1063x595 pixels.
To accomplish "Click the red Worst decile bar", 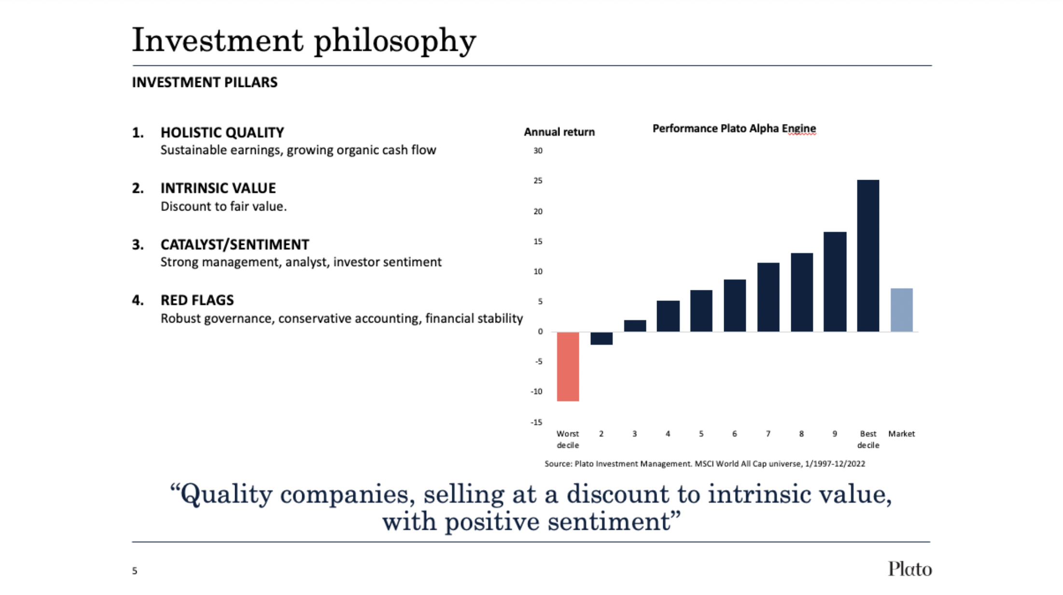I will (x=568, y=366).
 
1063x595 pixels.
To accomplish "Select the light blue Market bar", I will (x=901, y=310).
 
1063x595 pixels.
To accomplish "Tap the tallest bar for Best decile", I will (x=868, y=255).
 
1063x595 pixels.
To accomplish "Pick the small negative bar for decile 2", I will (x=601, y=338).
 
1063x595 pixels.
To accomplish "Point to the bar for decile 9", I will (x=835, y=282).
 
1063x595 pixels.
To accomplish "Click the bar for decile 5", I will (x=701, y=311).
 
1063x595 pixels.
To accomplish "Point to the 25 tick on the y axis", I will (x=538, y=181).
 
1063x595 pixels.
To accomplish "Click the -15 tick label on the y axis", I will (x=536, y=422).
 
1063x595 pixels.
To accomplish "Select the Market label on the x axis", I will (x=901, y=434).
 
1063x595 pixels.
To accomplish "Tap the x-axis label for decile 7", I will (x=768, y=434).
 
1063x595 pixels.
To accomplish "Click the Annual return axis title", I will (x=559, y=132).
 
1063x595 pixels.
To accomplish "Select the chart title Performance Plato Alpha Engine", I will (x=734, y=128).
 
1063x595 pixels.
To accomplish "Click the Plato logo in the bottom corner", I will (x=909, y=569).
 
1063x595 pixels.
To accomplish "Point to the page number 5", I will (x=135, y=571).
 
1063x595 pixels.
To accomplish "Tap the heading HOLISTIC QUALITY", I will (x=222, y=132).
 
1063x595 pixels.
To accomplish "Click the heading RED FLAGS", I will (x=197, y=300).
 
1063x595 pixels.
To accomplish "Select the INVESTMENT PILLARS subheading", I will (x=205, y=82).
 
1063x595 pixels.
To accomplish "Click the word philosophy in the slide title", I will (x=395, y=41).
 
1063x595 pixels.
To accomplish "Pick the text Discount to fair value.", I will (x=224, y=206).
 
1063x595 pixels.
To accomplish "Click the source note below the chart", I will (x=705, y=464).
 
